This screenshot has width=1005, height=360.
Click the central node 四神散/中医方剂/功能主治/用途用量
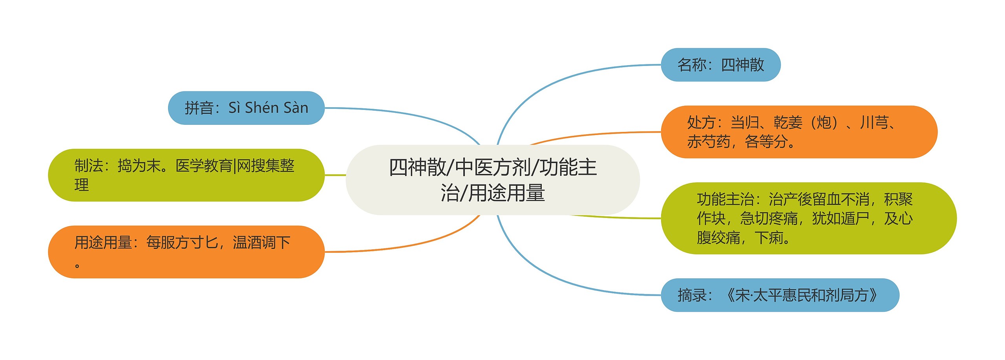coord(492,180)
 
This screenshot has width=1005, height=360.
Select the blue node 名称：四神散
coord(720,65)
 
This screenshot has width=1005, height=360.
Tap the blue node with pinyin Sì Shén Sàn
coord(246,108)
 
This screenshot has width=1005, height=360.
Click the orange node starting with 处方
coord(799,132)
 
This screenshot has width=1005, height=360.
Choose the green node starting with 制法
coord(186,175)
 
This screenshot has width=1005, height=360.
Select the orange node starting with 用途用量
coord(186,252)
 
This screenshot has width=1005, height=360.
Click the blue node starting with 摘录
coord(780,295)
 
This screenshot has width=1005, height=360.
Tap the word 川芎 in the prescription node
coord(874,123)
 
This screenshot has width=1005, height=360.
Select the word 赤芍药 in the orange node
coord(708,142)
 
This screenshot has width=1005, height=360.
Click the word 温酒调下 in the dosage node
coord(261,243)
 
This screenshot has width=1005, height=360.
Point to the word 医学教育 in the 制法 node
coord(204,166)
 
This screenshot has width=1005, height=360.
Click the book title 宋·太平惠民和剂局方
coord(802,295)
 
